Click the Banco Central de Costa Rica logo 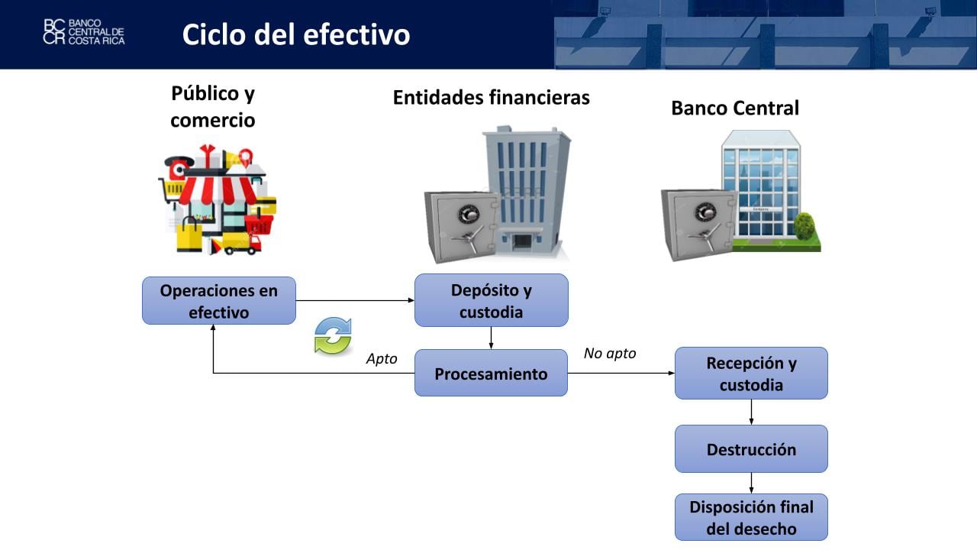pyautogui.click(x=84, y=32)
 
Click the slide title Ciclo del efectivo pyautogui.click(x=296, y=34)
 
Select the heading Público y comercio pyautogui.click(x=213, y=107)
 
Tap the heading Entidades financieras pyautogui.click(x=491, y=98)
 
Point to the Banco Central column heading pyautogui.click(x=734, y=108)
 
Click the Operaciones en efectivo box pyautogui.click(x=218, y=301)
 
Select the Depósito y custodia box pyautogui.click(x=491, y=301)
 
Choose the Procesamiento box pyautogui.click(x=491, y=374)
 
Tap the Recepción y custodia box pyautogui.click(x=751, y=374)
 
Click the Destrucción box pyautogui.click(x=751, y=449)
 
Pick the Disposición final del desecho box pyautogui.click(x=751, y=517)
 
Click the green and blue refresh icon pyautogui.click(x=333, y=336)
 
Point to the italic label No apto pyautogui.click(x=609, y=354)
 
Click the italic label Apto pyautogui.click(x=382, y=359)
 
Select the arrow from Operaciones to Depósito pyautogui.click(x=355, y=301)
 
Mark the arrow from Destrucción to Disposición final pyautogui.click(x=752, y=483)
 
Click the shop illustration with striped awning pyautogui.click(x=217, y=199)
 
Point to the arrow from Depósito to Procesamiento pyautogui.click(x=491, y=338)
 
